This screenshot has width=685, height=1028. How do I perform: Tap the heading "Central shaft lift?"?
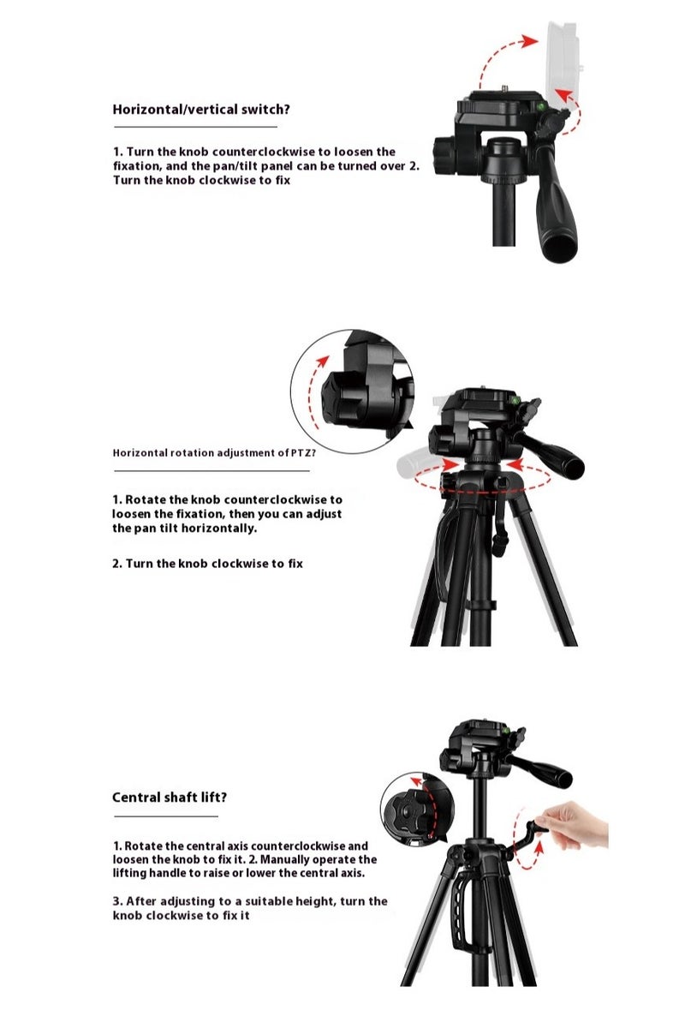click(x=170, y=798)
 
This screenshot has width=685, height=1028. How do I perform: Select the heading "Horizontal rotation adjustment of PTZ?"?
click(x=214, y=453)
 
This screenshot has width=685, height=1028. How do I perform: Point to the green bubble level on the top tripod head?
click(x=541, y=107)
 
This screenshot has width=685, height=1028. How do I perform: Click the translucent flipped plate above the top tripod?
click(x=561, y=64)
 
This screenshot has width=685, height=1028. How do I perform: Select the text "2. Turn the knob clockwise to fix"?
click(x=208, y=564)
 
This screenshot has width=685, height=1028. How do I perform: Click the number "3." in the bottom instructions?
click(x=117, y=901)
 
